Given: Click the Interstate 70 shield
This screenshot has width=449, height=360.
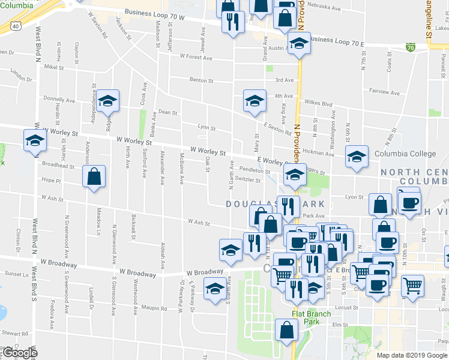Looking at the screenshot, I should coord(411,47).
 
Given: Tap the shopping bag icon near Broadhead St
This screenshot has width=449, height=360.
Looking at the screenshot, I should coord(94,177).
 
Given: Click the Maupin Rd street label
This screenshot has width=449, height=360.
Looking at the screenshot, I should coord(154,308).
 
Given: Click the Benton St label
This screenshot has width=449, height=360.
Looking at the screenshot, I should coord(202,80).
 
